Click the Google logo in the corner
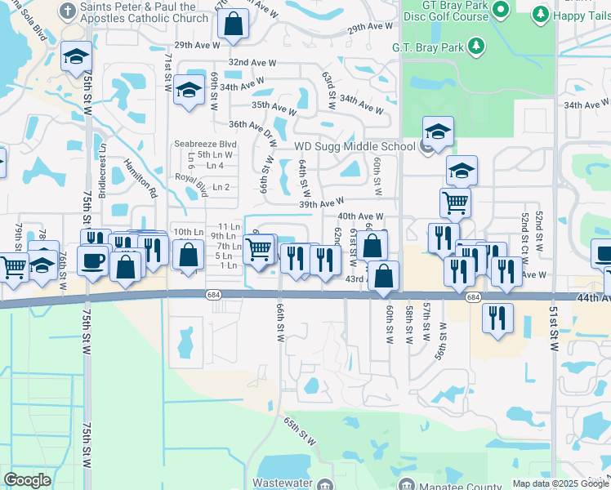(27, 480)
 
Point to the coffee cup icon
(92, 261)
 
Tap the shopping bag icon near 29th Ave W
(234, 24)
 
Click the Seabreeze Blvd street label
(205, 144)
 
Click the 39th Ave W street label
(322, 203)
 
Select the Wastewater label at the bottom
(283, 483)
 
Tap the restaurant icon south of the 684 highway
(497, 318)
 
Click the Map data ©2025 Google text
(560, 483)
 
